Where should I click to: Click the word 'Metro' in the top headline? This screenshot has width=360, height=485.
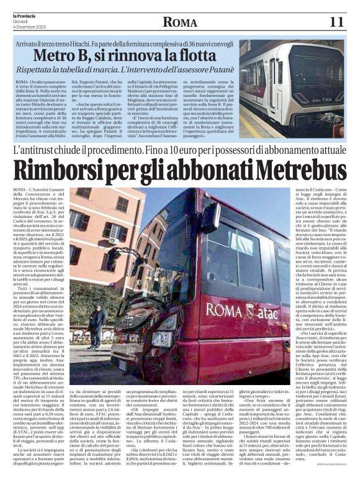78,57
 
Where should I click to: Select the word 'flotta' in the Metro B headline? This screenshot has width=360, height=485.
203,57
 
